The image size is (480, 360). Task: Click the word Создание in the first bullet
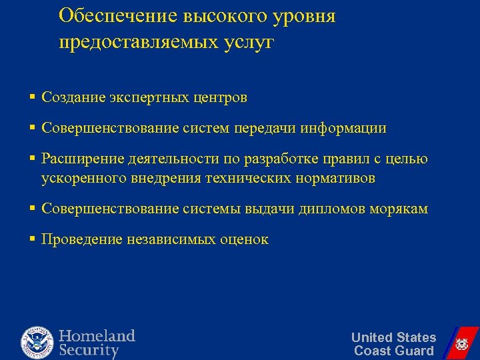(70, 97)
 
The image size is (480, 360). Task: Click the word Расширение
(77, 159)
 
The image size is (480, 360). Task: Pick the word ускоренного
(81, 179)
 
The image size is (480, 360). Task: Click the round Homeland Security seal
(36, 342)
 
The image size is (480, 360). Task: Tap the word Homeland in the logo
(97, 335)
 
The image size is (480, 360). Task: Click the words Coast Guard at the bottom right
(393, 351)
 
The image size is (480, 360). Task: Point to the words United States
(393, 337)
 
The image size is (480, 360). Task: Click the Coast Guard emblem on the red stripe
(461, 344)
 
